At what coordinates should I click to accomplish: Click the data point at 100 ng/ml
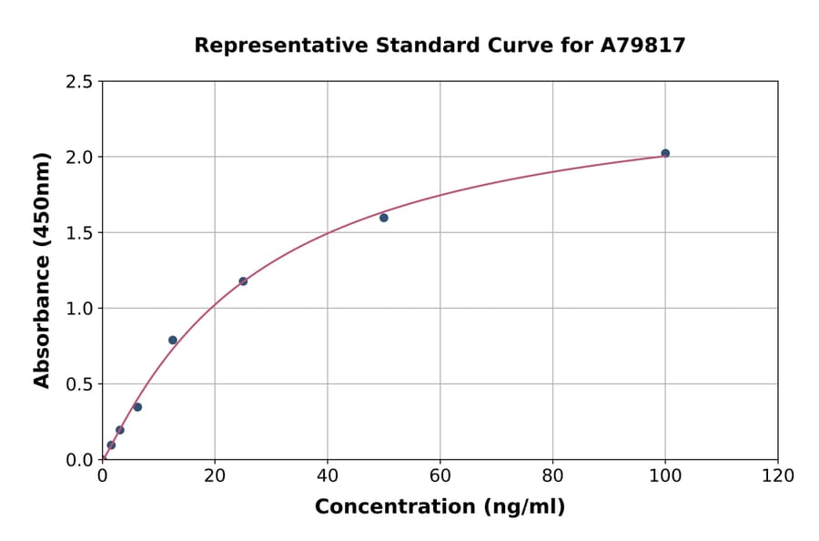665,153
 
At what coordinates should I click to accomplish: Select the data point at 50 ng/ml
384,218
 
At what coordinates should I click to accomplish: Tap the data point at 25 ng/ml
243,281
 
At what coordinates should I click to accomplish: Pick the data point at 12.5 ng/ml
173,341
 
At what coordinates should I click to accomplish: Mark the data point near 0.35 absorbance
137,407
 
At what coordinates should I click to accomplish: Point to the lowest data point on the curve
111,445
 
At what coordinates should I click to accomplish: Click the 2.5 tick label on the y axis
80,82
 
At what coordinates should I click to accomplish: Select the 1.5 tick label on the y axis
80,233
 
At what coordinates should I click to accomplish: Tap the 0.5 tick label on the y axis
80,384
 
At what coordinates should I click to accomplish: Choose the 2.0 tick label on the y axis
80,158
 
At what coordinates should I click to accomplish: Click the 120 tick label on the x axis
778,475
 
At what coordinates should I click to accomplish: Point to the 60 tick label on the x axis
440,475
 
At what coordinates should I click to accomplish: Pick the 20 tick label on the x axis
215,475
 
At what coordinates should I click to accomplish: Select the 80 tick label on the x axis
552,475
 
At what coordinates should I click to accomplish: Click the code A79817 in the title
643,45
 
